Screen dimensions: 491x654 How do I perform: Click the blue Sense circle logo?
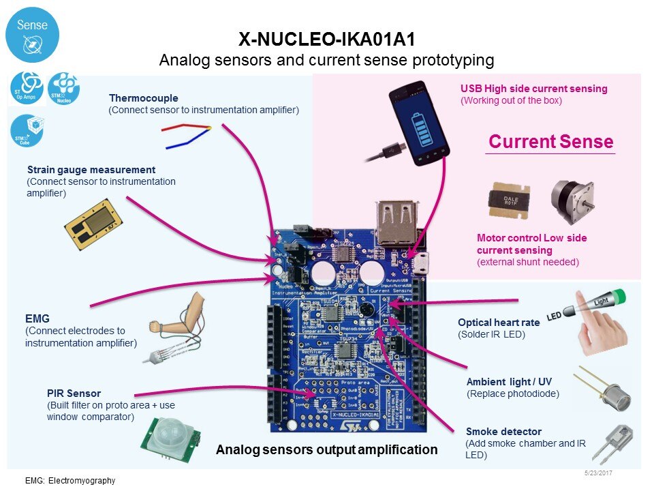(32, 35)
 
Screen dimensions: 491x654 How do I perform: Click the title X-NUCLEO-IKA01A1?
(326, 39)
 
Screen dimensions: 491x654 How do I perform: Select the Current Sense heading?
(550, 142)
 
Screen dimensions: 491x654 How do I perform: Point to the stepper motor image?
(572, 201)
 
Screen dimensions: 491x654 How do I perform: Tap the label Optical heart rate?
(498, 323)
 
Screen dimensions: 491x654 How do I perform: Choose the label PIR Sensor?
(74, 393)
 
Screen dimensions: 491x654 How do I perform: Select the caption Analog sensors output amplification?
(326, 449)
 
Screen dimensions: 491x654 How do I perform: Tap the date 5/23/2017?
(598, 473)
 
